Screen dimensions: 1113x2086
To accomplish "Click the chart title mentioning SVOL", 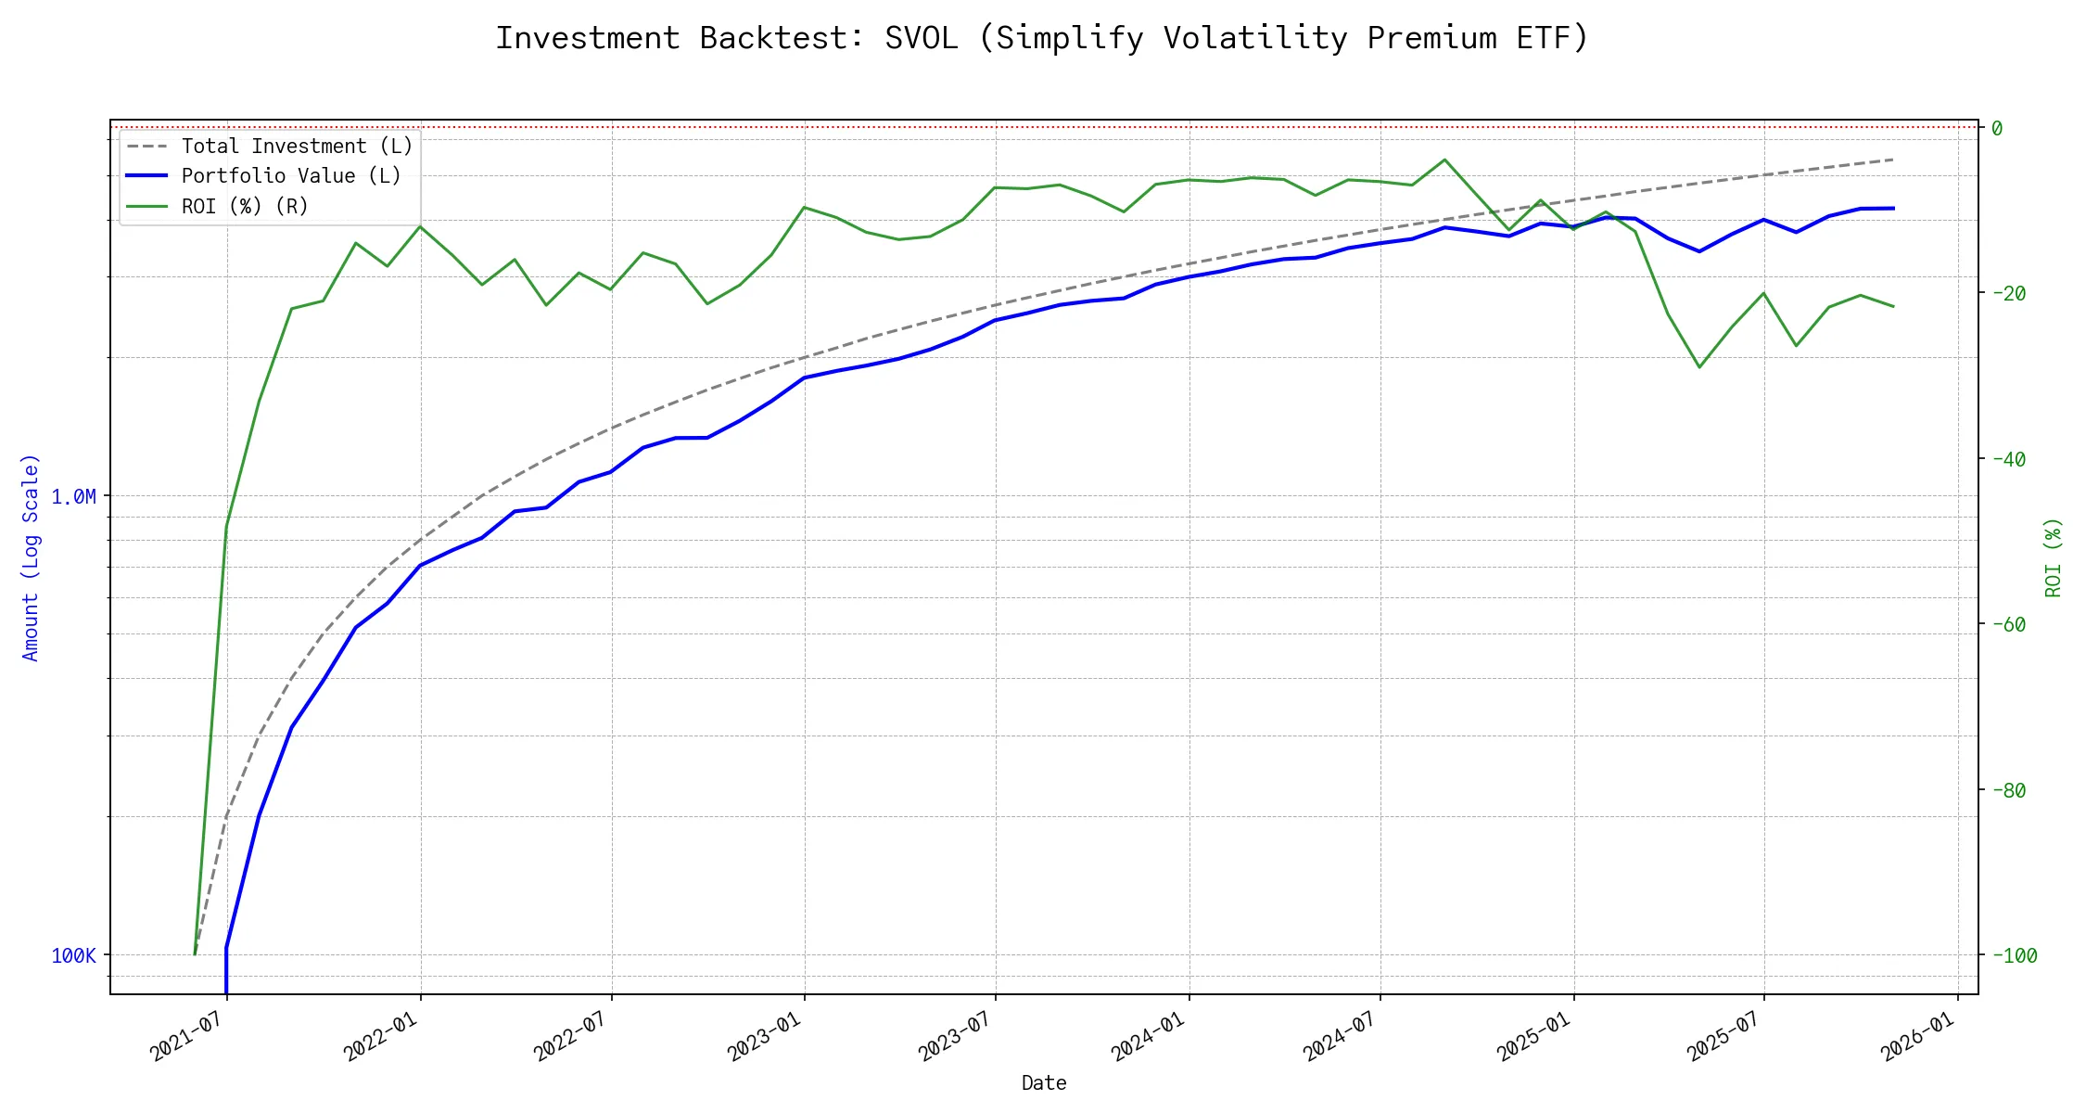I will (1042, 38).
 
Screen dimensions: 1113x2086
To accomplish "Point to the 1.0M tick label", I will (73, 497).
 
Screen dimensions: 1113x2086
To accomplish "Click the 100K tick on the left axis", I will (73, 956).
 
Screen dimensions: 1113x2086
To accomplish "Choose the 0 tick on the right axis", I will (1997, 128).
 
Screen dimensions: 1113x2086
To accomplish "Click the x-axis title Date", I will (1044, 1083).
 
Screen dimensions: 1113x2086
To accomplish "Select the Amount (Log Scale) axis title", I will (31, 557).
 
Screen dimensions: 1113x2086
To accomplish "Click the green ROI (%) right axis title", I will (2053, 557).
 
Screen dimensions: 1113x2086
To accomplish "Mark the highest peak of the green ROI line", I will (1444, 160).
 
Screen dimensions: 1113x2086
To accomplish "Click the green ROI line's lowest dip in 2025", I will (1699, 367).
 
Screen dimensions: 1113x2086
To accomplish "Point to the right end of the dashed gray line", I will (1892, 160).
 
